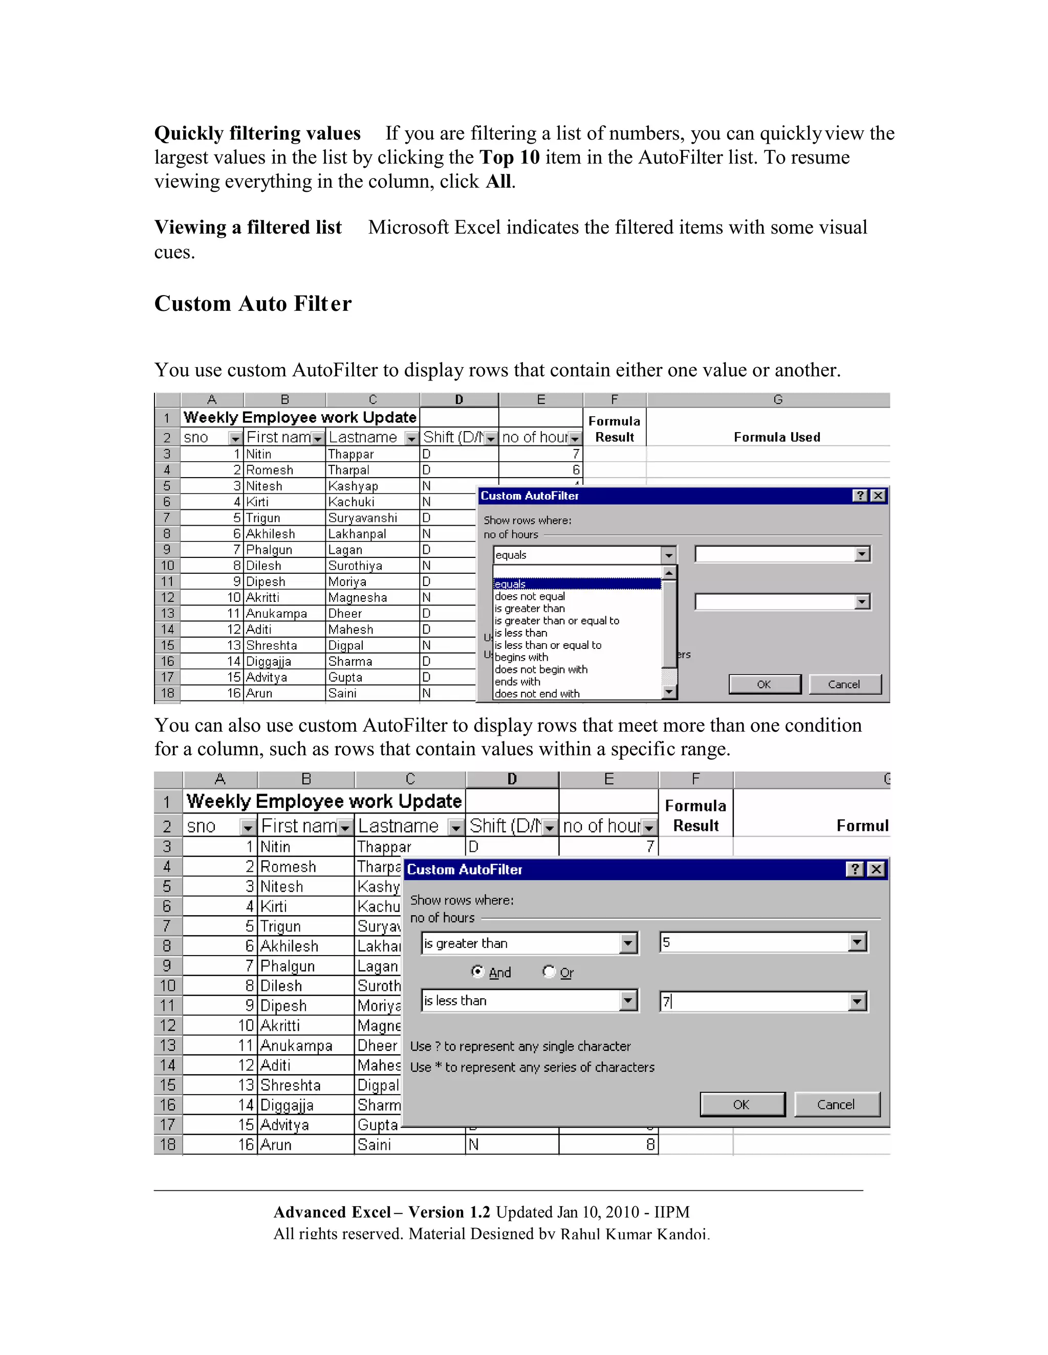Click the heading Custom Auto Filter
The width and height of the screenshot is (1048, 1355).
click(x=253, y=303)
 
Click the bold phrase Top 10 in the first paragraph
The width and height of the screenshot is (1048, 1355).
click(x=509, y=157)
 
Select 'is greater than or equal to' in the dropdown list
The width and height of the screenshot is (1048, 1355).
click(x=556, y=620)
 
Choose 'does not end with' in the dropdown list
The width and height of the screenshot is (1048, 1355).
click(x=537, y=694)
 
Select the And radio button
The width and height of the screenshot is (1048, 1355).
click(x=477, y=972)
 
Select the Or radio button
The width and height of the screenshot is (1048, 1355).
click(x=549, y=972)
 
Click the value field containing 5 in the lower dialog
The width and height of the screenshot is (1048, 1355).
click(x=754, y=942)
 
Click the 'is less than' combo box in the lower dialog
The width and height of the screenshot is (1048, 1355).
click(x=529, y=1001)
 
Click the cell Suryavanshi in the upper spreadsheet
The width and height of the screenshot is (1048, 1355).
click(x=363, y=518)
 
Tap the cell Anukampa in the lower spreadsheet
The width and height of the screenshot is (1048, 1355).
click(x=296, y=1046)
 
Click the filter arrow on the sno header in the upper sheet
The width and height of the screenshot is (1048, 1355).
click(x=235, y=438)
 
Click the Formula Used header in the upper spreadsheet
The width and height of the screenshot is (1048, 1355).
click(x=777, y=437)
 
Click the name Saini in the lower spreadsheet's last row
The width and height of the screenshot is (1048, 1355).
click(x=375, y=1145)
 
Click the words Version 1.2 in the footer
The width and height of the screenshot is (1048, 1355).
click(x=449, y=1212)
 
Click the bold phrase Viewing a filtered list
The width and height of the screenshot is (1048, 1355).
click(x=248, y=228)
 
